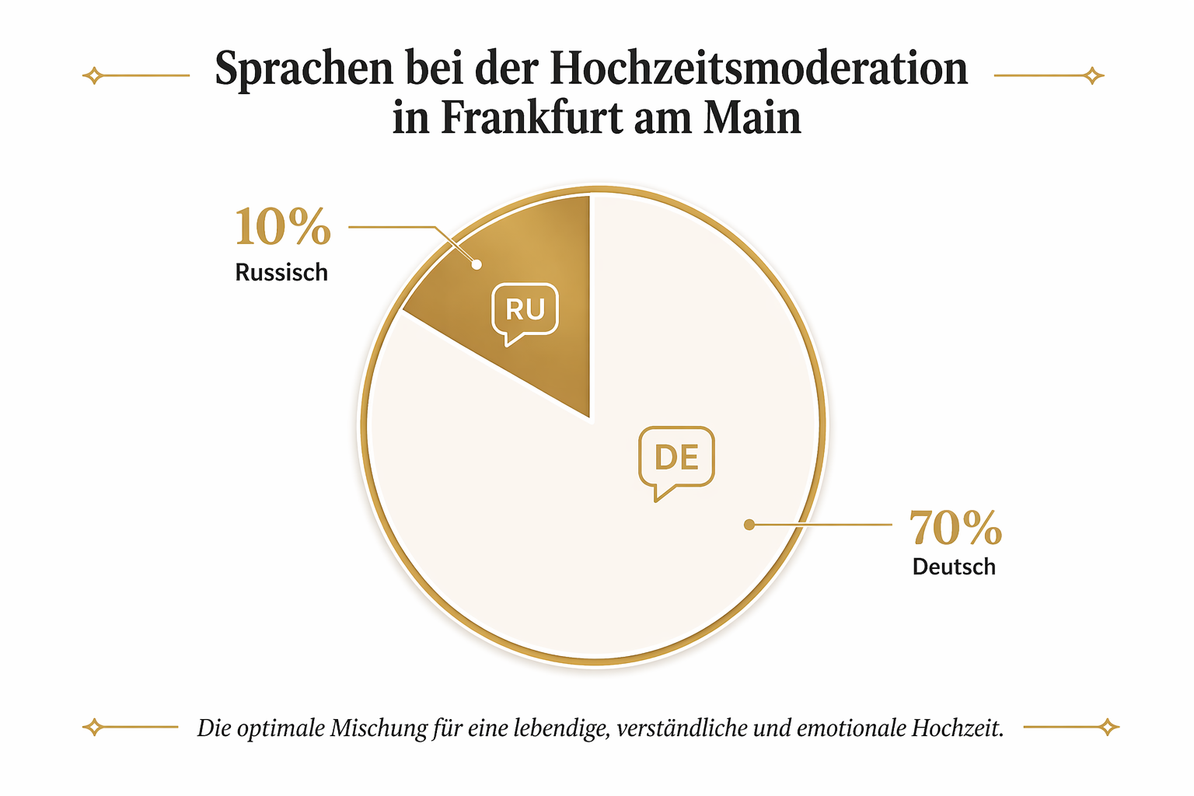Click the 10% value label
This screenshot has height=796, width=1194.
pyautogui.click(x=282, y=228)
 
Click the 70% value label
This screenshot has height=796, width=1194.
pyautogui.click(x=955, y=529)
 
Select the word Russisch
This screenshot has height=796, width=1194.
pyautogui.click(x=281, y=273)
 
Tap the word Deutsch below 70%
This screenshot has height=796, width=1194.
pyautogui.click(x=954, y=567)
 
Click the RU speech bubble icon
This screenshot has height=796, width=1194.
pyautogui.click(x=525, y=311)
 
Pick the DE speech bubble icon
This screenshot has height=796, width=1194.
pyautogui.click(x=676, y=459)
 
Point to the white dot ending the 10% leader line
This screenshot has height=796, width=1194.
pyautogui.click(x=477, y=265)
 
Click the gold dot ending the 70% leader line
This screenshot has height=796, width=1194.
pyautogui.click(x=749, y=525)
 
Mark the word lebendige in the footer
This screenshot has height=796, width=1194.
pyautogui.click(x=560, y=728)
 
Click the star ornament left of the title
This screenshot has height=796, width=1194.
pyautogui.click(x=93, y=75)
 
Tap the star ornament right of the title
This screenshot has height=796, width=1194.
pyautogui.click(x=1093, y=75)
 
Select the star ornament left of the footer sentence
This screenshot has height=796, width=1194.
pyautogui.click(x=93, y=728)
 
